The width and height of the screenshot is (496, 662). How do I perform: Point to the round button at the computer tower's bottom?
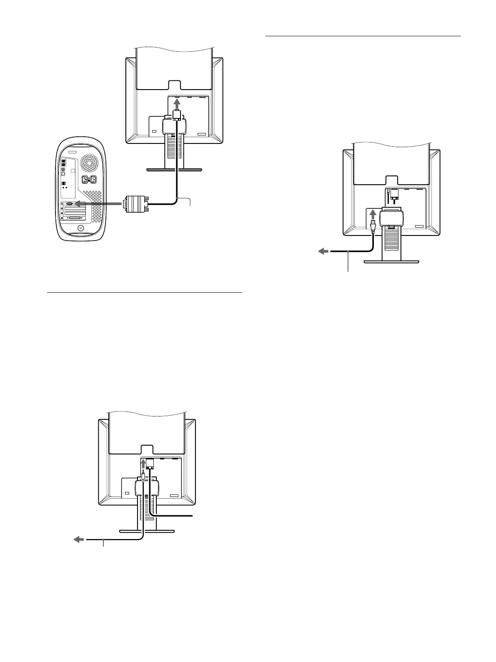[80, 228]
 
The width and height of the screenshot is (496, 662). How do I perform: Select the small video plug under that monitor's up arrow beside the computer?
[176, 114]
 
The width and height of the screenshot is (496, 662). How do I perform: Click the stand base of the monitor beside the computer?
[174, 169]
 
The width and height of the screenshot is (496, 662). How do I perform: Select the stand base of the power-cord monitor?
[391, 261]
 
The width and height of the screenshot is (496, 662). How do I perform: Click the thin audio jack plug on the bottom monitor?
[143, 474]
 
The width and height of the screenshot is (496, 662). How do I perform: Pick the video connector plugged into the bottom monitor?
[150, 464]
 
